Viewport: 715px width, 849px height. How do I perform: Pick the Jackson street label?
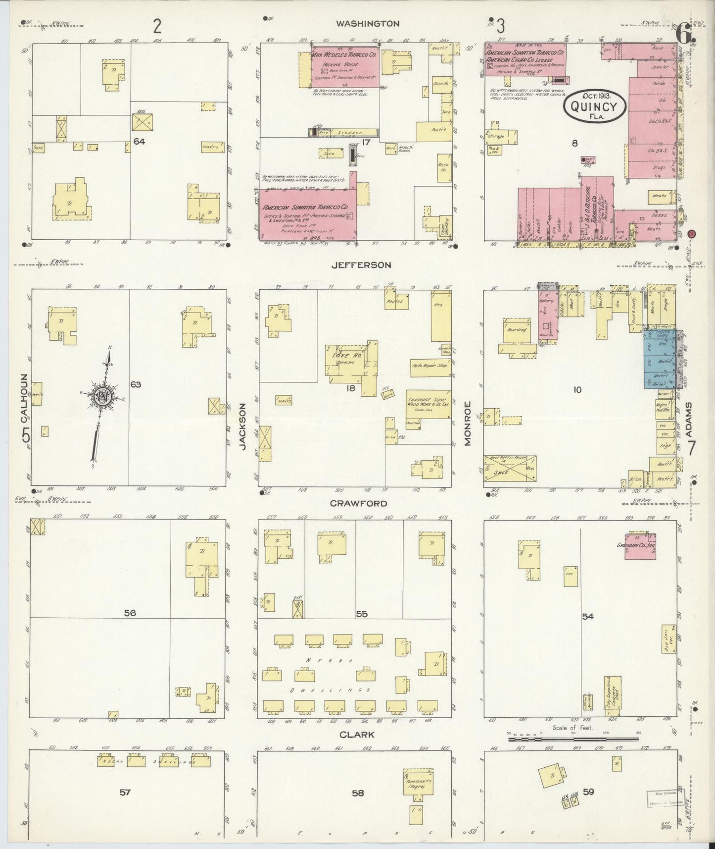(x=243, y=426)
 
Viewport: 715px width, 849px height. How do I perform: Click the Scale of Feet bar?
(x=574, y=740)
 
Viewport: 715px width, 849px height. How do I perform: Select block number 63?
(x=136, y=384)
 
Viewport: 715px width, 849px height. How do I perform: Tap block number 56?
(x=130, y=613)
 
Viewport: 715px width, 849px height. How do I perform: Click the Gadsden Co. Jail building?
(x=640, y=547)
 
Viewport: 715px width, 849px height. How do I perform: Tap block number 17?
(x=366, y=142)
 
